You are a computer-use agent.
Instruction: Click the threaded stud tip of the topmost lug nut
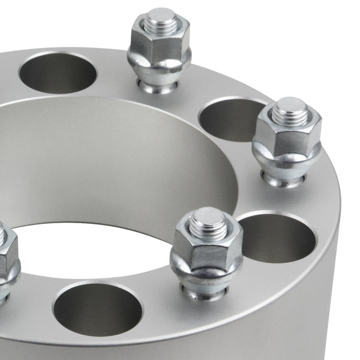point(160,18)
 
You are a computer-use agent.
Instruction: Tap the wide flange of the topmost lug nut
point(159,66)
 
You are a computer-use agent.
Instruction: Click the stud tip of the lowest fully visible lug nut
point(208,220)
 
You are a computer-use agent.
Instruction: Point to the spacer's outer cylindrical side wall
point(336,300)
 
